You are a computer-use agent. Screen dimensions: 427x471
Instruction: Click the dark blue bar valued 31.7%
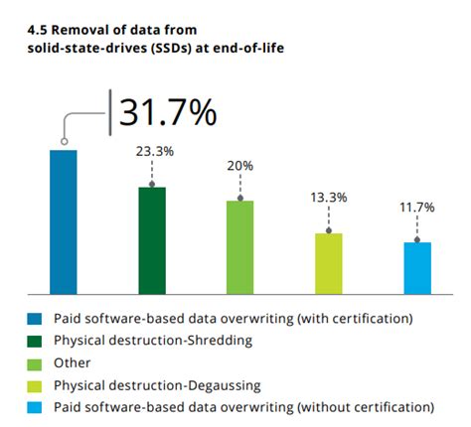[x=63, y=221]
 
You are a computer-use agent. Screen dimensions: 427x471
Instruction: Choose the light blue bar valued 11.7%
[x=417, y=267]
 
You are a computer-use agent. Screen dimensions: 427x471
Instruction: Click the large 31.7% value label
[x=168, y=113]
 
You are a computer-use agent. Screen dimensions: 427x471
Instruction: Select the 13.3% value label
[x=329, y=198]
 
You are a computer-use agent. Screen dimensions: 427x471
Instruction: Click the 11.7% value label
[x=417, y=208]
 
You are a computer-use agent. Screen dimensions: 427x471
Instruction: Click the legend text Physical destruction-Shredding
[x=152, y=341]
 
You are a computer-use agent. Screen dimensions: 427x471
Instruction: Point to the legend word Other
[x=72, y=362]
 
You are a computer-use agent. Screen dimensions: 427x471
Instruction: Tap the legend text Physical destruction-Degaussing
[x=157, y=385]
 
